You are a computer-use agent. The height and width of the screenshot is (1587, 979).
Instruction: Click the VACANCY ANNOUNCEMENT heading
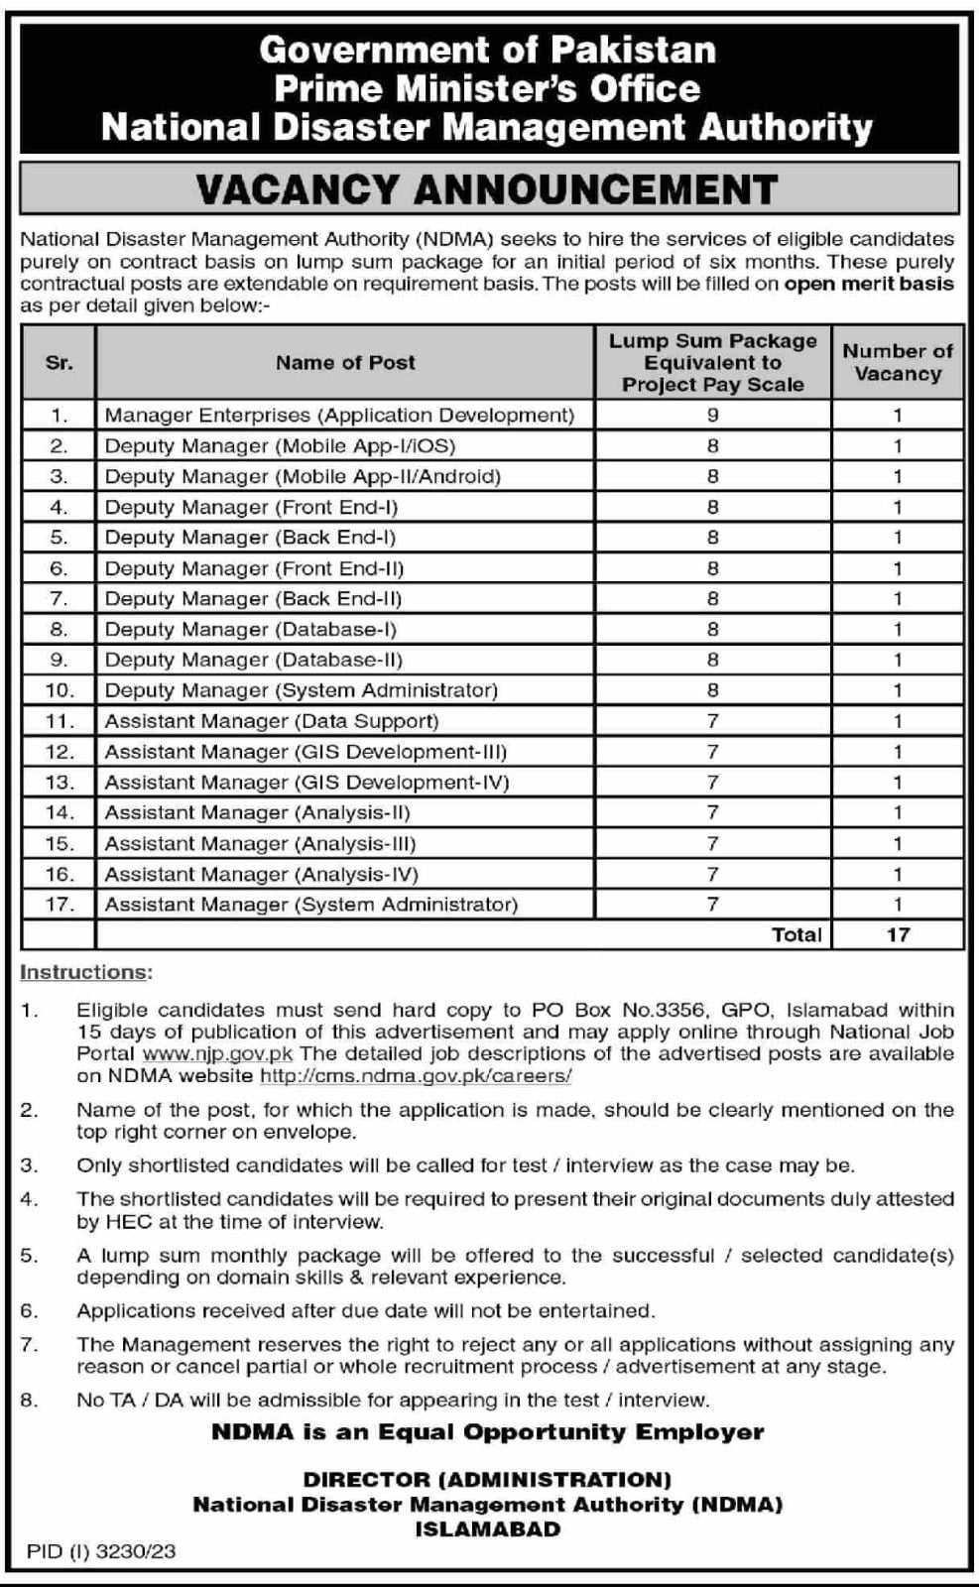click(487, 188)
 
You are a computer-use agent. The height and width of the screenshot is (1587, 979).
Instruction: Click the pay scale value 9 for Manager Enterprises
click(712, 416)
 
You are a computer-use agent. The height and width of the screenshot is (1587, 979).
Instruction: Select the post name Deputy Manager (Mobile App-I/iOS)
click(280, 446)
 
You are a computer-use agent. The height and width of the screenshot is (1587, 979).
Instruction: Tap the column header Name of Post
click(345, 363)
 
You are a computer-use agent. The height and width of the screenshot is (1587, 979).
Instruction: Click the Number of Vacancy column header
click(897, 363)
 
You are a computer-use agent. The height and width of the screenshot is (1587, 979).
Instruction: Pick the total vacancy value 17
click(898, 934)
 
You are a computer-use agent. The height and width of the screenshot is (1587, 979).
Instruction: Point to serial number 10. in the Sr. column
click(60, 690)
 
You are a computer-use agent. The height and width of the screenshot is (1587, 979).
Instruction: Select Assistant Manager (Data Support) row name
click(271, 721)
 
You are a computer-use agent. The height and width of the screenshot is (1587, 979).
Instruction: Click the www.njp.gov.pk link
click(218, 1053)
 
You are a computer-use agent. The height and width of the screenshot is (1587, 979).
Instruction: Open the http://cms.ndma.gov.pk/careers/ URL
click(416, 1075)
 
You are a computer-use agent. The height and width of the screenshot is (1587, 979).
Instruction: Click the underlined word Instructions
click(85, 972)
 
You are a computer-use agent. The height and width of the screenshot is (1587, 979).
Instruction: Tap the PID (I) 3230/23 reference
click(101, 1551)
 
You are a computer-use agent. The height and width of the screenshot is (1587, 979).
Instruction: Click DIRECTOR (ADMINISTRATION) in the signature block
click(487, 1479)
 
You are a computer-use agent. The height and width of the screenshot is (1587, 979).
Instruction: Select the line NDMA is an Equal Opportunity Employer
click(487, 1432)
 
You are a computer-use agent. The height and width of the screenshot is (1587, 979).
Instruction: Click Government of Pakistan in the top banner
click(487, 50)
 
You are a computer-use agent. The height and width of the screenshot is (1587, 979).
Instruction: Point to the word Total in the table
click(796, 934)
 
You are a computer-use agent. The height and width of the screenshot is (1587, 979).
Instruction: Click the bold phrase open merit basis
click(869, 284)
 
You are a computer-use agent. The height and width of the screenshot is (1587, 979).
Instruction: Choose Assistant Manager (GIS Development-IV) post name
click(306, 783)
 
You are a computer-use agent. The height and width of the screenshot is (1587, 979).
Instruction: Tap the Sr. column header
click(60, 363)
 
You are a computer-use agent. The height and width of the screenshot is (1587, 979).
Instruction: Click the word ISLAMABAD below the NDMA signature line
click(487, 1528)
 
